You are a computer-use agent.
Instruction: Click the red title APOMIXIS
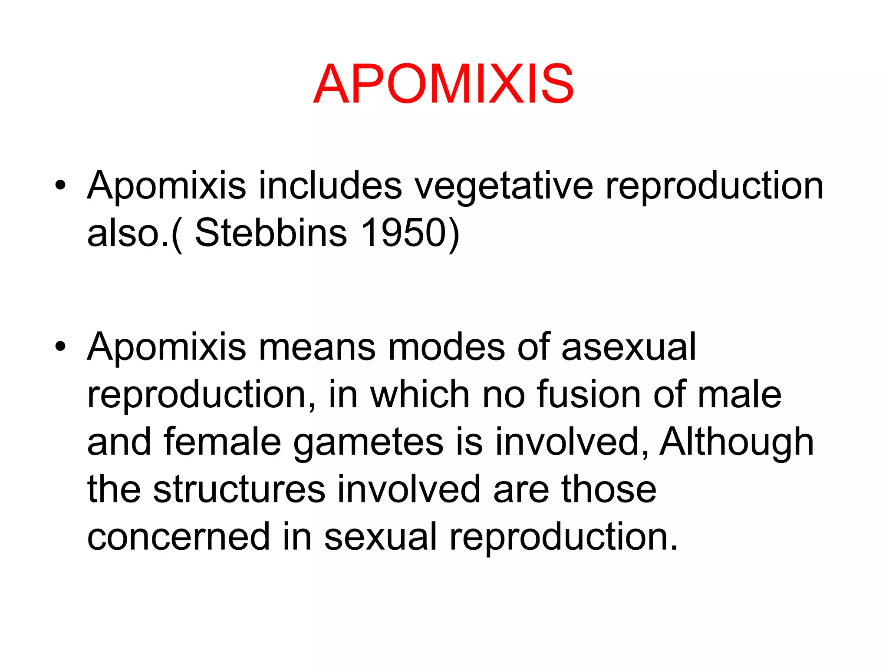click(x=444, y=84)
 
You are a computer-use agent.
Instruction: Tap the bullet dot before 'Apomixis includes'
click(x=60, y=186)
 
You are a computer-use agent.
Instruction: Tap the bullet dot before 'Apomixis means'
click(x=60, y=347)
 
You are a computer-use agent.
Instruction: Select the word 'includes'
click(x=330, y=186)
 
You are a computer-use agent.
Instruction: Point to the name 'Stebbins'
click(x=271, y=233)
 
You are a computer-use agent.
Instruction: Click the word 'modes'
click(x=447, y=347)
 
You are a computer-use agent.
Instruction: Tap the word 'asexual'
click(x=629, y=347)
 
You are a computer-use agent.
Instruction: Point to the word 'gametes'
click(x=368, y=443)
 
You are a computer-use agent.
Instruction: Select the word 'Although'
click(x=737, y=442)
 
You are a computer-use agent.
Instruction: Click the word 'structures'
click(x=239, y=489)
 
